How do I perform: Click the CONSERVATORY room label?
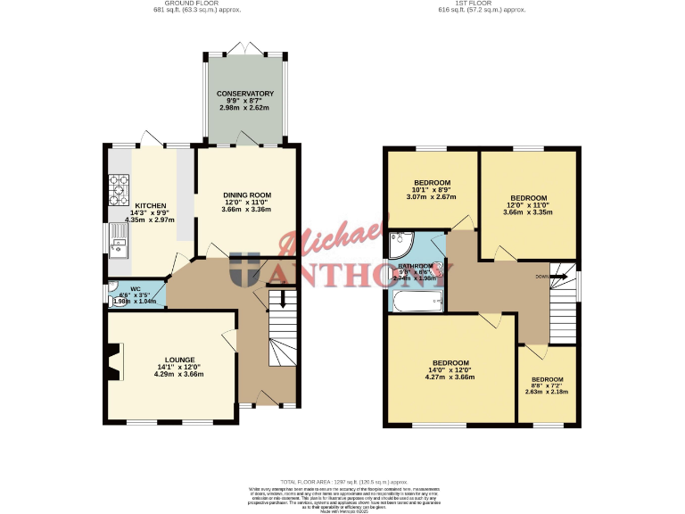click(x=245, y=94)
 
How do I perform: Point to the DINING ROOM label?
click(x=246, y=195)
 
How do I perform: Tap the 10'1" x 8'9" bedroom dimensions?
click(x=432, y=189)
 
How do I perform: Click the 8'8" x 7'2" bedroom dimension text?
click(x=546, y=385)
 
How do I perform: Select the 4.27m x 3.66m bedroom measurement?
click(x=450, y=377)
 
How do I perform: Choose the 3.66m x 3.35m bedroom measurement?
click(x=528, y=212)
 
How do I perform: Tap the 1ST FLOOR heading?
click(x=491, y=4)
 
